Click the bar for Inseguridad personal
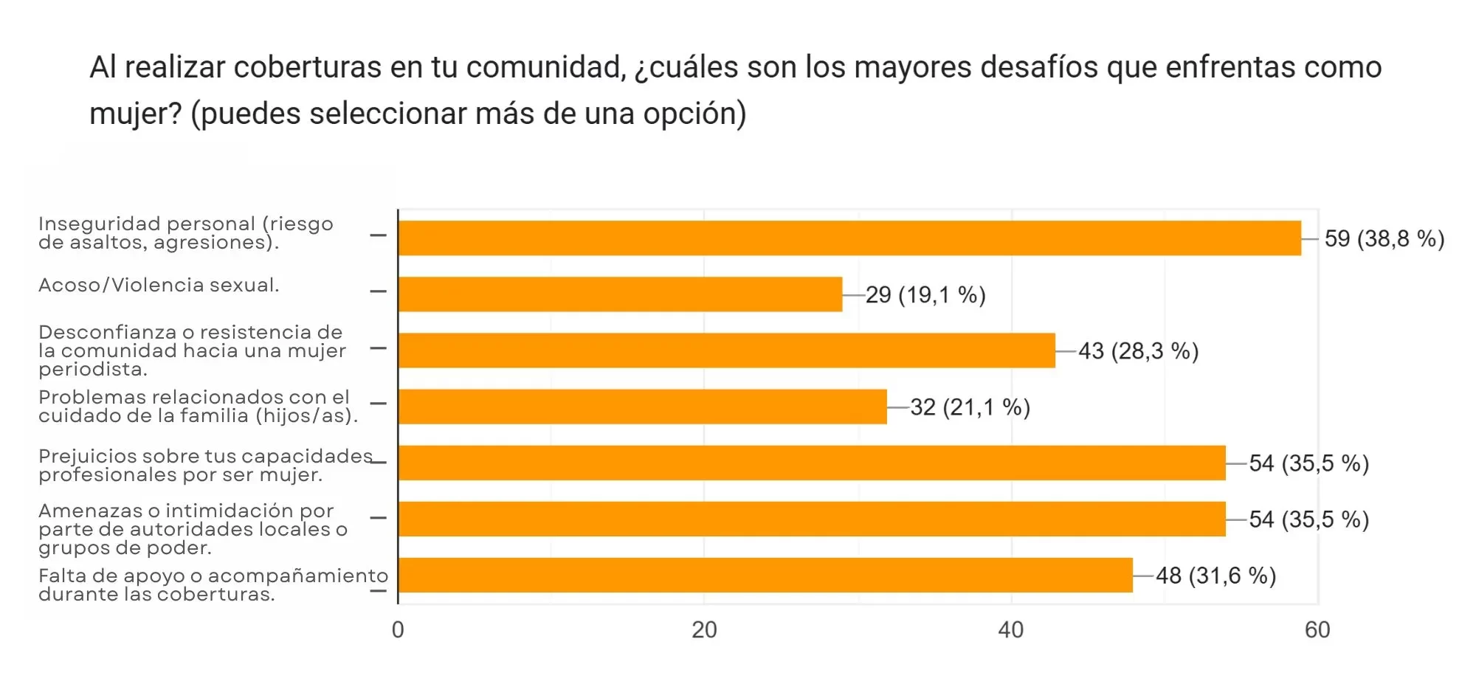click(x=849, y=238)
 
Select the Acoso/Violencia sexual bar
click(x=620, y=294)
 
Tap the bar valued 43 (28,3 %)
click(x=726, y=350)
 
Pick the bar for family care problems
click(x=642, y=407)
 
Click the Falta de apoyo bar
click(x=765, y=575)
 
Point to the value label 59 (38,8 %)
click(x=1384, y=239)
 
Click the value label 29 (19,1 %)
click(x=925, y=295)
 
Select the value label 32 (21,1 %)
click(x=970, y=407)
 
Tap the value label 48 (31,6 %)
click(x=1215, y=576)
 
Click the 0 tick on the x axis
click(x=398, y=629)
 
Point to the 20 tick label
click(x=704, y=629)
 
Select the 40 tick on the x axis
click(x=1010, y=629)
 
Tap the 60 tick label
click(x=1317, y=629)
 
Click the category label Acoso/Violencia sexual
click(x=159, y=286)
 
